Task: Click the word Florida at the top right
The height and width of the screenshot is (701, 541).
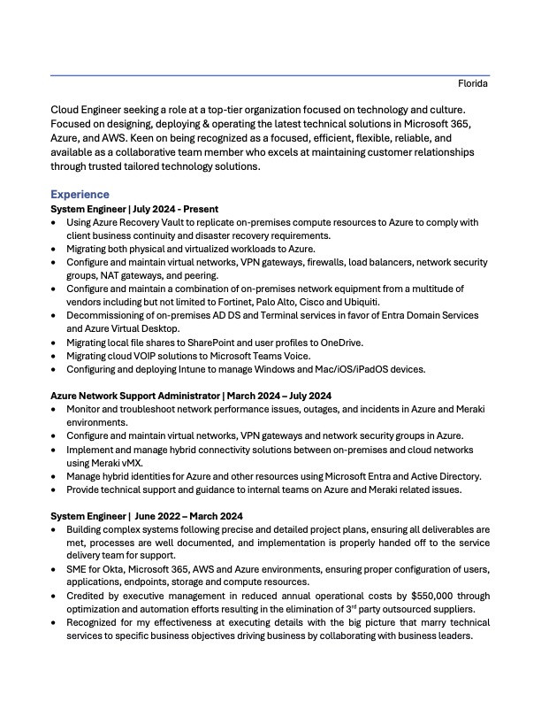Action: (473, 84)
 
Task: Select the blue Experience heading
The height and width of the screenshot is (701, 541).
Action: (80, 194)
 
